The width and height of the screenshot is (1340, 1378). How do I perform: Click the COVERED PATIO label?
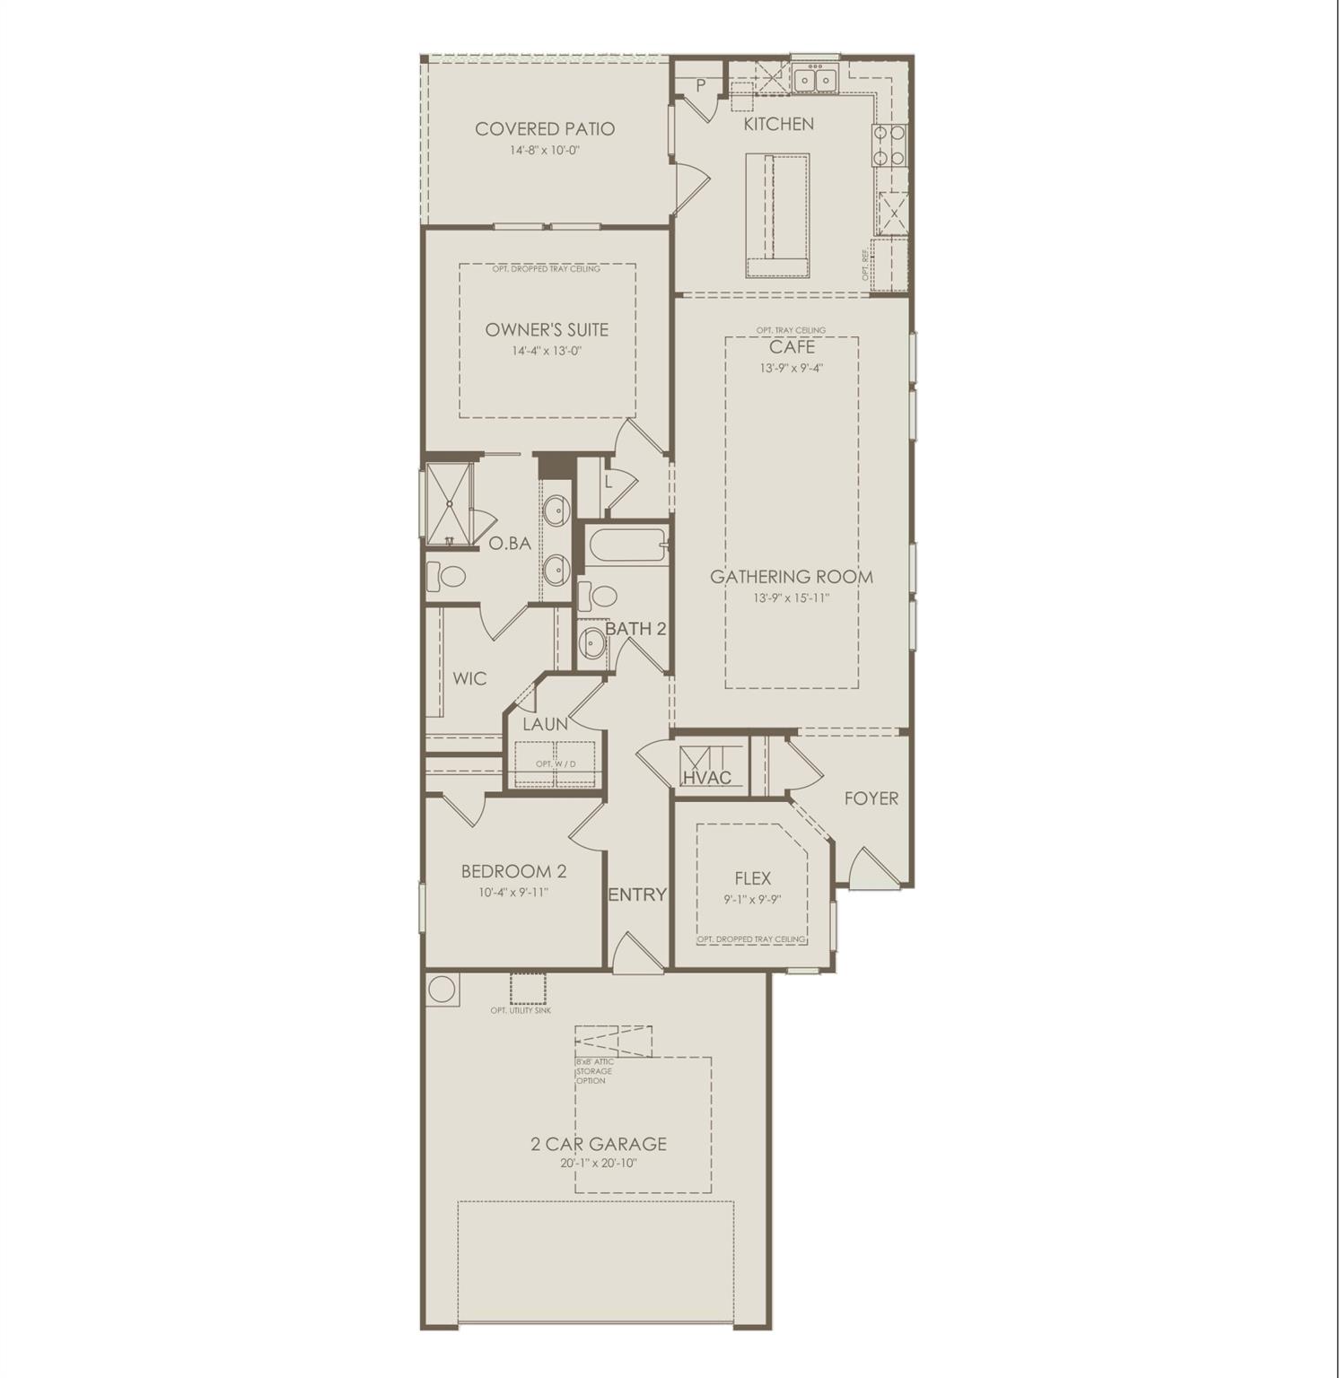coord(545,129)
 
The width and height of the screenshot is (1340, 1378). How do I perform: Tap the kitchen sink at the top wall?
coord(815,80)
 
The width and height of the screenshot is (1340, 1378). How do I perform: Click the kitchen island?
coord(776,214)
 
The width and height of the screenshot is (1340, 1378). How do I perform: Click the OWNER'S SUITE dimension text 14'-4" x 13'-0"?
coord(547,352)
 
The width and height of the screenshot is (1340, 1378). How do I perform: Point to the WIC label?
coord(469,678)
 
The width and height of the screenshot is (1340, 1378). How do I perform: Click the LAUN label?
coord(545,724)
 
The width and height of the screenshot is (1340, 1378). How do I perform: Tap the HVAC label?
coord(707,778)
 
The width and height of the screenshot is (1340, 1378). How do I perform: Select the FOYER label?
coord(871,798)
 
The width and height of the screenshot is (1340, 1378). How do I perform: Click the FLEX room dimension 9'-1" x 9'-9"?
coord(752,900)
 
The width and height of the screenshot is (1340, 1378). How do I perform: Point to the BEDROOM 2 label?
coord(513,871)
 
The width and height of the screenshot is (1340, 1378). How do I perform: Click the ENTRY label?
coord(637,894)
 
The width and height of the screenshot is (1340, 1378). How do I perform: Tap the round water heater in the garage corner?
coord(442,990)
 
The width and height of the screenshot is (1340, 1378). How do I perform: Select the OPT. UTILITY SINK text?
coord(521,1011)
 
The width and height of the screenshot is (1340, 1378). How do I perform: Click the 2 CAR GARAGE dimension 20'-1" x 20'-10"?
coord(598,1164)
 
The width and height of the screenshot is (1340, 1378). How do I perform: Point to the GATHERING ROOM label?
coord(791,577)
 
